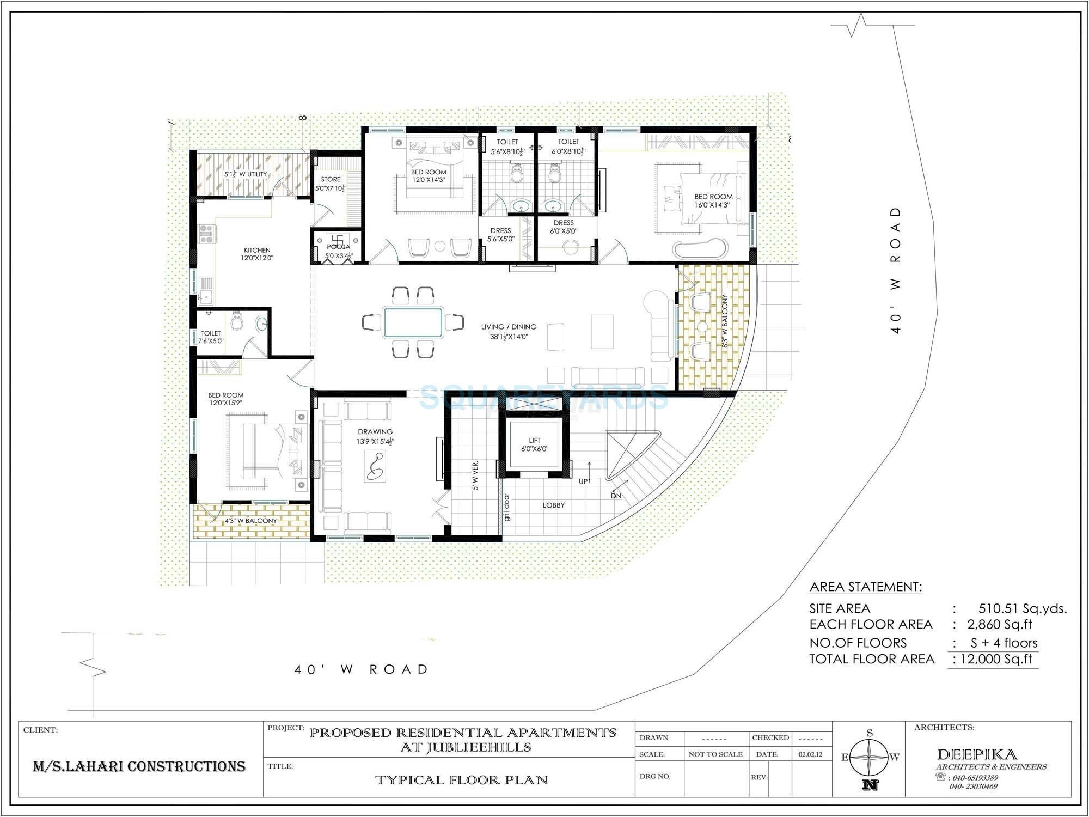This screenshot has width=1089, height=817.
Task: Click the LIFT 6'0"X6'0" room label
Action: [535, 444]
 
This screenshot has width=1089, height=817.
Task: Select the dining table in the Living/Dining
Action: [412, 322]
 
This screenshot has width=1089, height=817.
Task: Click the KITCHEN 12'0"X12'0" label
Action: [257, 254]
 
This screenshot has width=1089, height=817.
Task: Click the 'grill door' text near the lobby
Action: [507, 508]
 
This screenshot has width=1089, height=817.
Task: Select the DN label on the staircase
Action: [616, 496]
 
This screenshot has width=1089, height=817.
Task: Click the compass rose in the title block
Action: [870, 757]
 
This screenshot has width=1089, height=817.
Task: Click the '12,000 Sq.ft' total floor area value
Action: [996, 659]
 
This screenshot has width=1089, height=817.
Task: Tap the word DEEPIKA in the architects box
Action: [977, 755]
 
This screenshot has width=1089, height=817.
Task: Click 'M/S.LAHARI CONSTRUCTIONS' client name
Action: [139, 767]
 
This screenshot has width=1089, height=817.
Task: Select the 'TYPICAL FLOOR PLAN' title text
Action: [462, 780]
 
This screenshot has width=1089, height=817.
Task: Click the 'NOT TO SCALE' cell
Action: [715, 755]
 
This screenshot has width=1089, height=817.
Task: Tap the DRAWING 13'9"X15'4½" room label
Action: [375, 436]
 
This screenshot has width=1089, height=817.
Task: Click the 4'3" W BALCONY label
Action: [251, 521]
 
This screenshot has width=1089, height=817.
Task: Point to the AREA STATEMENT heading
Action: [866, 587]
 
